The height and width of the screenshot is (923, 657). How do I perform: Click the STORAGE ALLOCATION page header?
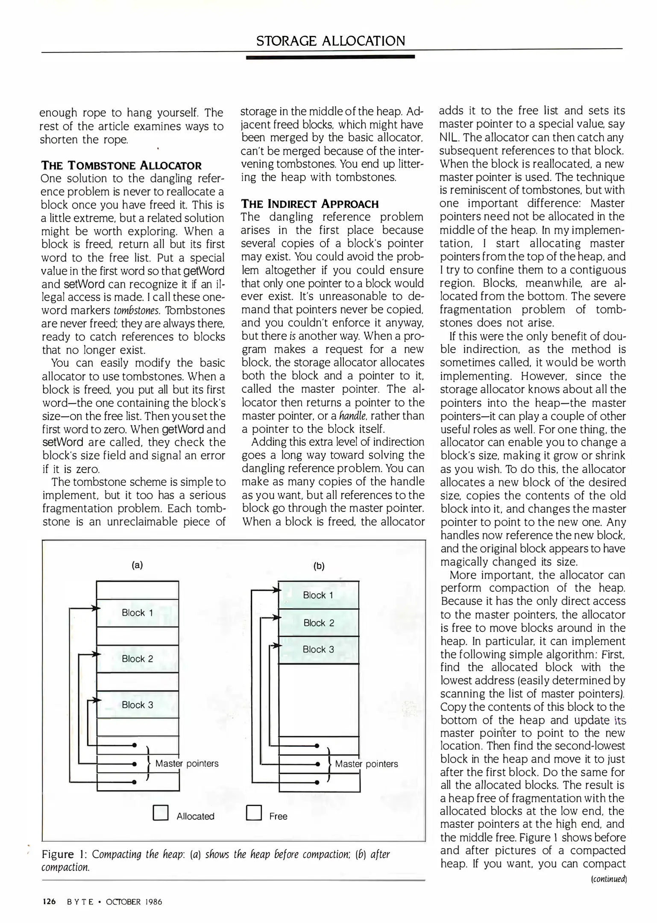click(x=331, y=41)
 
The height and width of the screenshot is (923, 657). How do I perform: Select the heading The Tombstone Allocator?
click(x=121, y=166)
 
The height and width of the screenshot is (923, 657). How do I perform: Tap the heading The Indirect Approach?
click(x=310, y=204)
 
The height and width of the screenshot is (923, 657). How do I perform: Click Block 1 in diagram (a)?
click(x=137, y=613)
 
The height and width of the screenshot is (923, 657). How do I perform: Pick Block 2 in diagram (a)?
click(x=137, y=659)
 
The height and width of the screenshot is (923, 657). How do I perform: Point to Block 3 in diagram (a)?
click(x=137, y=705)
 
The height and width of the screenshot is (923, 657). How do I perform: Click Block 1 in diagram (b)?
click(x=318, y=595)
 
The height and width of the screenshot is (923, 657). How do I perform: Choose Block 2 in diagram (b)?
click(x=319, y=623)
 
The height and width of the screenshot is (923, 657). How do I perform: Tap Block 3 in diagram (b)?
click(x=318, y=650)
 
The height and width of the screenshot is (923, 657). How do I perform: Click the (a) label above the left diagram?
click(x=137, y=565)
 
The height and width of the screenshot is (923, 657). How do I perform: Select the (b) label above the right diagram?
click(x=319, y=567)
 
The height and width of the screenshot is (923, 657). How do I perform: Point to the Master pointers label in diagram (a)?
click(x=187, y=763)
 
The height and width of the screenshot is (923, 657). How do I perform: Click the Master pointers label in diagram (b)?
click(x=366, y=764)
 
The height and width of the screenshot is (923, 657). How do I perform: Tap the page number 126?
click(x=49, y=902)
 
